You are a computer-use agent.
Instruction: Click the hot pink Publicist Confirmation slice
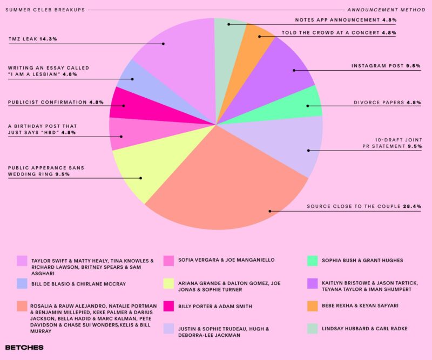(130, 103)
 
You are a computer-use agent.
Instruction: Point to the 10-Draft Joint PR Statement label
(387, 142)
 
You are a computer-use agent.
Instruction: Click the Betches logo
(24, 347)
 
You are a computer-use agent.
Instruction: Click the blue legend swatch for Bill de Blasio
(22, 283)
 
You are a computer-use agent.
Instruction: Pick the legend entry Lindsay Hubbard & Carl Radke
(364, 329)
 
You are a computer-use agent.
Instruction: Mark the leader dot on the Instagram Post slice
(293, 70)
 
